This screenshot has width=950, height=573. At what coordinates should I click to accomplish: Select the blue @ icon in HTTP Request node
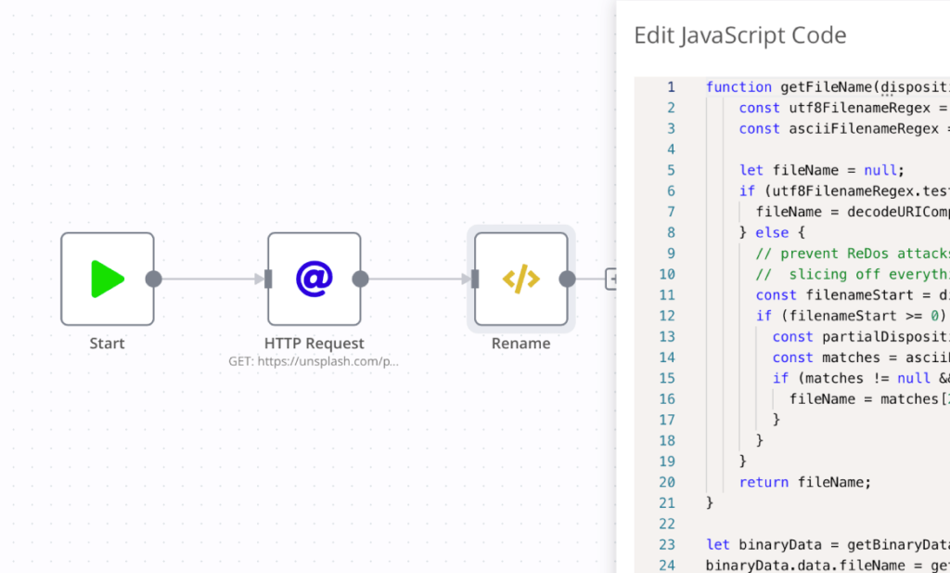click(x=314, y=279)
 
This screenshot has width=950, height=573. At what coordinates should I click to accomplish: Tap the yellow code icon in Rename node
click(x=520, y=279)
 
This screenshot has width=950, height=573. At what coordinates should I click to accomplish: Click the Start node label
click(x=107, y=344)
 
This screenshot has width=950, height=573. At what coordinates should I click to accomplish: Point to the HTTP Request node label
click(x=314, y=344)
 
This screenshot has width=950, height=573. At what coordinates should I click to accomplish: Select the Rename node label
click(x=520, y=344)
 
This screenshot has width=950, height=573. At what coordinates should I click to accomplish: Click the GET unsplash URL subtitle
click(x=314, y=361)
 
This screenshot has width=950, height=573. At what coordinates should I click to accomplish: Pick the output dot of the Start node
click(x=154, y=279)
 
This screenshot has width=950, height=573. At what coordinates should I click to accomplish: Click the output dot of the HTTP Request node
click(x=361, y=279)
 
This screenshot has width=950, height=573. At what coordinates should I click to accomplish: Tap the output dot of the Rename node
click(x=567, y=279)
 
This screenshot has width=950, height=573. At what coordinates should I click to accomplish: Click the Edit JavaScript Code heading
click(x=739, y=36)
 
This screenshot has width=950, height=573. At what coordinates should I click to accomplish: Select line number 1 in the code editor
click(x=671, y=87)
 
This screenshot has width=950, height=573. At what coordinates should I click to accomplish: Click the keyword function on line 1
click(x=738, y=87)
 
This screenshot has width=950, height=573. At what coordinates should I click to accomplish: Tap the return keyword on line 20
click(x=764, y=482)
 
